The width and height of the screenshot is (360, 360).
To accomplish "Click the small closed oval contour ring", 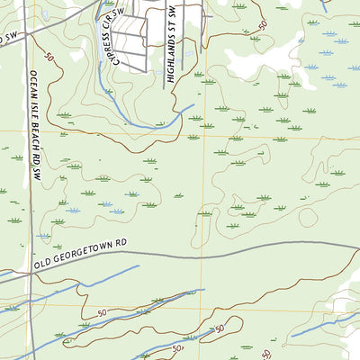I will point(308,217).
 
